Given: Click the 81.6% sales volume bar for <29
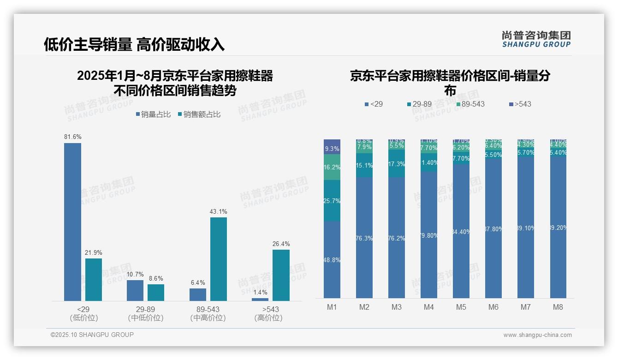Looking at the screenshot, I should (x=72, y=222).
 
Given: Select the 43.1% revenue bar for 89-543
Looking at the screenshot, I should (x=219, y=259).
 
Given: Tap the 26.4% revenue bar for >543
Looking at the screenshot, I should (x=281, y=275).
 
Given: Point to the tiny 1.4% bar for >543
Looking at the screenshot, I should (x=260, y=300).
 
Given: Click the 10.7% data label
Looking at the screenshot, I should (x=135, y=274).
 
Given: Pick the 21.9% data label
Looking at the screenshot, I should (x=93, y=252).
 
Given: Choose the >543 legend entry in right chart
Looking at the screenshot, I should (x=520, y=104).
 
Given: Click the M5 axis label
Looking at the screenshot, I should (x=461, y=307).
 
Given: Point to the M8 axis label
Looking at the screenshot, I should (x=558, y=307).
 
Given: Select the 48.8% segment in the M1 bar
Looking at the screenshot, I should (x=332, y=260).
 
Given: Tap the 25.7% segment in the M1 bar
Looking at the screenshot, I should (x=332, y=201).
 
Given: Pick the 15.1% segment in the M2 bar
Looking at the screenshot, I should (x=364, y=165).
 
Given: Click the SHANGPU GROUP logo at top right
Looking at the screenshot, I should (x=536, y=39).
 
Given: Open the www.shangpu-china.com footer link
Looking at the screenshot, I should (x=537, y=335).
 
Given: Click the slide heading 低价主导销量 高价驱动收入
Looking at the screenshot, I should (x=134, y=44).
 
